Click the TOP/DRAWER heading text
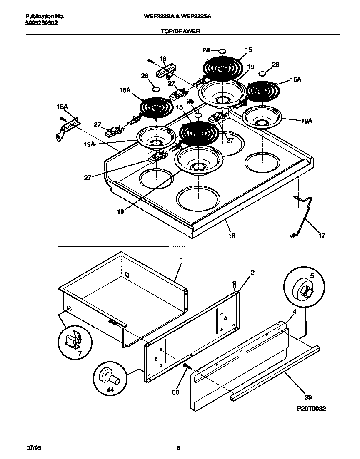coord(180,31)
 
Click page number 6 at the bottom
coord(178,448)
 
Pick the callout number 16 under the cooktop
coord(231,236)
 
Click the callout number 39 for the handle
coord(308,397)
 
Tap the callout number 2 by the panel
coord(252,273)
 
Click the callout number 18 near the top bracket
coord(162,59)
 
